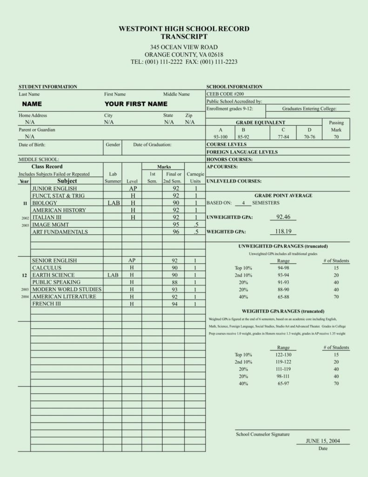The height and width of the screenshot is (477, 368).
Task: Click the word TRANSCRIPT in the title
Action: pyautogui.click(x=184, y=36)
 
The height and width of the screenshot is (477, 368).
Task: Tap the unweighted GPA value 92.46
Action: pyautogui.click(x=283, y=217)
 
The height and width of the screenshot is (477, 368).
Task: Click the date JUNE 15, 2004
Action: pyautogui.click(x=323, y=441)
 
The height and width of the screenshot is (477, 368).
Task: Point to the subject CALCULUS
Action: pyautogui.click(x=47, y=268)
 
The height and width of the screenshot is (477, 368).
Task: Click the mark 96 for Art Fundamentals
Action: pyautogui.click(x=176, y=232)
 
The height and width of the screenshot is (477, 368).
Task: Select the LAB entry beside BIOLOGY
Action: pyautogui.click(x=114, y=203)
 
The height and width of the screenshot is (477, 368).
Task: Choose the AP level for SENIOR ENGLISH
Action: pyautogui.click(x=132, y=261)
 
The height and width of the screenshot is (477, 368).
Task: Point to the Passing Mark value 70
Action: pyautogui.click(x=336, y=137)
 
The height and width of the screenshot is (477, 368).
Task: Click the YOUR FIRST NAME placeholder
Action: pyautogui.click(x=136, y=104)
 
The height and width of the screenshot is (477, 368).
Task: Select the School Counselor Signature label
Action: pyautogui.click(x=262, y=434)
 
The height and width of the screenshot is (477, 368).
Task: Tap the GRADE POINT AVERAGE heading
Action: pyautogui.click(x=283, y=196)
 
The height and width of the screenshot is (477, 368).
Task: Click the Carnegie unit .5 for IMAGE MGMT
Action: pyautogui.click(x=196, y=225)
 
